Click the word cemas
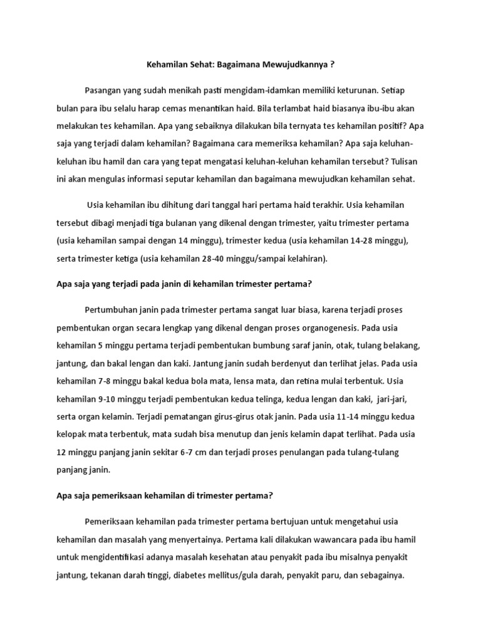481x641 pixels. click(x=185, y=108)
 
